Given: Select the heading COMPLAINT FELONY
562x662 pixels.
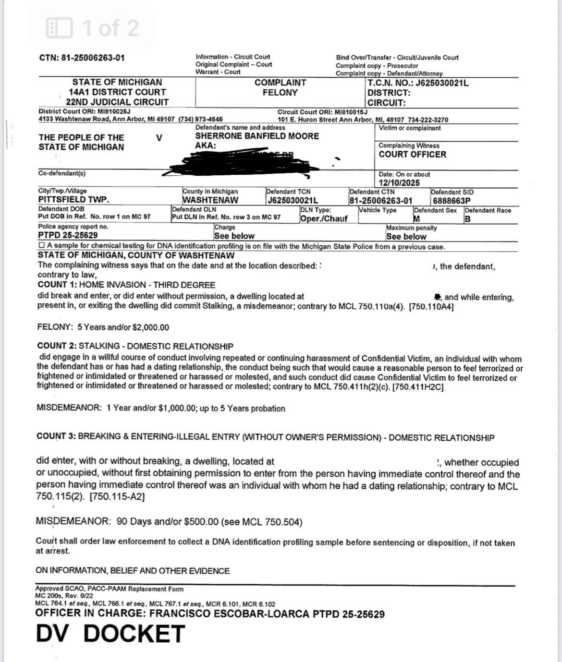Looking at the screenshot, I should point(280,87).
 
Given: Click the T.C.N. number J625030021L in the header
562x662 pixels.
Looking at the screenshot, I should point(442,83).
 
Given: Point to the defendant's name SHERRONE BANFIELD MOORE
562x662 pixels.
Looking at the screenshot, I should point(257,136).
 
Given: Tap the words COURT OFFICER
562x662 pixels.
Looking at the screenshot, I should point(412,155).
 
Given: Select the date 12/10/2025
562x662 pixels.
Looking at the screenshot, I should point(399,183).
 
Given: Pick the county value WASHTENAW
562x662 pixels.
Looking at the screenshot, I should point(210,200).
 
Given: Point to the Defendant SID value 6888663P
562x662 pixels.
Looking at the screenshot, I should point(451,201).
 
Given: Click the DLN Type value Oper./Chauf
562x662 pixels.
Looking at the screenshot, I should point(323,218).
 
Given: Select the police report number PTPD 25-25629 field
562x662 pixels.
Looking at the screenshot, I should point(68,235).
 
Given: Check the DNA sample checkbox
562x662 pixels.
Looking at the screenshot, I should point(41,246).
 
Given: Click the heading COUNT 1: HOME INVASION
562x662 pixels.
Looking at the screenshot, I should point(126,285).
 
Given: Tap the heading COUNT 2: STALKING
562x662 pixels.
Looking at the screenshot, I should point(134,346).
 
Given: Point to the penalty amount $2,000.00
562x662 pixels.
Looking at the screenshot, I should point(150,327).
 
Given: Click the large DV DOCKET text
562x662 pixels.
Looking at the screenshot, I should point(110,634).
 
